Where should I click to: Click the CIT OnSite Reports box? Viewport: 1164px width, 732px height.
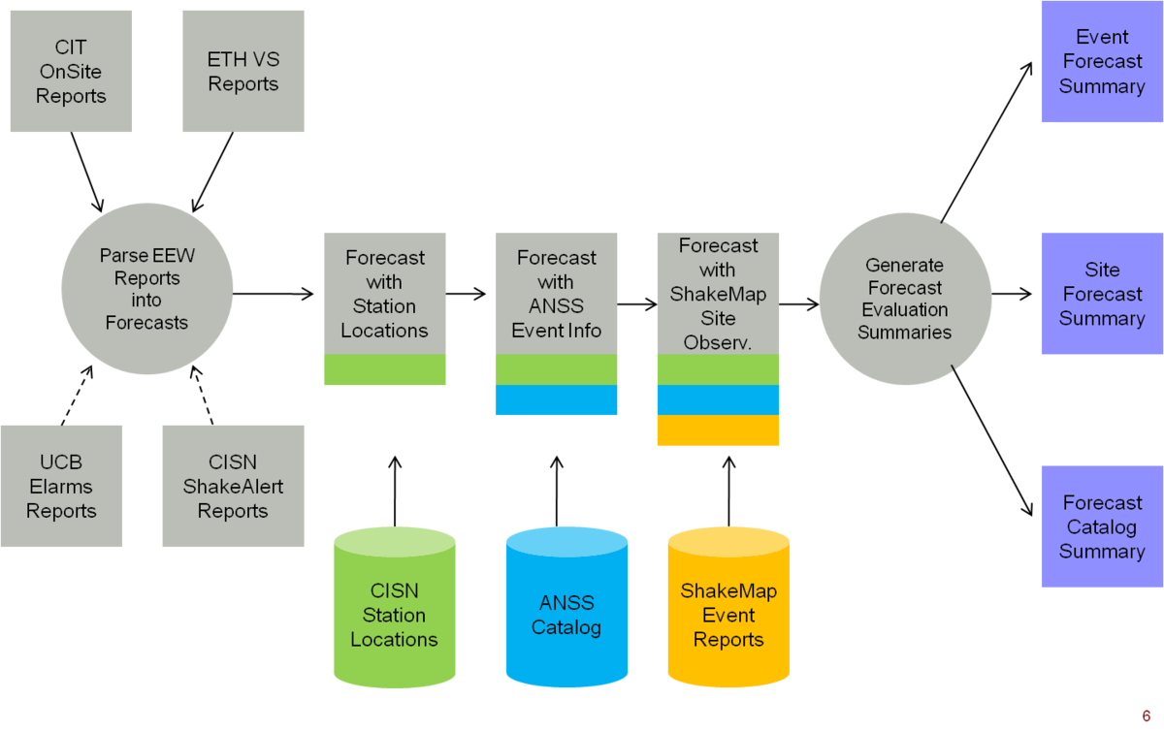(x=71, y=71)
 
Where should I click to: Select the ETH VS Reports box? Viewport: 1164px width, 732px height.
(x=242, y=71)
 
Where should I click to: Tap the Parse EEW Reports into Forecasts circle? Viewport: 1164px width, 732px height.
(x=146, y=289)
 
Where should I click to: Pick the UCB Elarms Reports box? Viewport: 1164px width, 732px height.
(x=61, y=486)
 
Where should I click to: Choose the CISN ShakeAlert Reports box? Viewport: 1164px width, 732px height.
(x=233, y=486)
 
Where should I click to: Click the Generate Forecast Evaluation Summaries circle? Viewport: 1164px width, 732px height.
(x=904, y=298)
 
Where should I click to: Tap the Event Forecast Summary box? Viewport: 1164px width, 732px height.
(x=1102, y=61)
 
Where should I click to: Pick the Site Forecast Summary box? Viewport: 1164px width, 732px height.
(x=1102, y=293)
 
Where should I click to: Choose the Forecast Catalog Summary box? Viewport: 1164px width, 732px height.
(x=1102, y=526)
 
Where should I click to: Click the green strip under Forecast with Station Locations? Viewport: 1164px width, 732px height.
(x=384, y=369)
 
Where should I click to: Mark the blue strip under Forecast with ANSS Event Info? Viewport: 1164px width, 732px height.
(x=557, y=399)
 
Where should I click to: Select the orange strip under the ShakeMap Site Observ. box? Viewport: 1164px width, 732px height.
(x=718, y=430)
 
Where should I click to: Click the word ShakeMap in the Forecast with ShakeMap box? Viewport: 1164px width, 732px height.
(x=718, y=294)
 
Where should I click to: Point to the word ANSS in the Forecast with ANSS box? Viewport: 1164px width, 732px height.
(x=557, y=306)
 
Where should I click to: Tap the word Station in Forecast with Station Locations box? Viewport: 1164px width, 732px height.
(x=384, y=306)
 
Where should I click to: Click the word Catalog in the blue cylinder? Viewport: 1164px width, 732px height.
(x=566, y=627)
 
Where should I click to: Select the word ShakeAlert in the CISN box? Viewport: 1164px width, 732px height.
(x=233, y=487)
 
